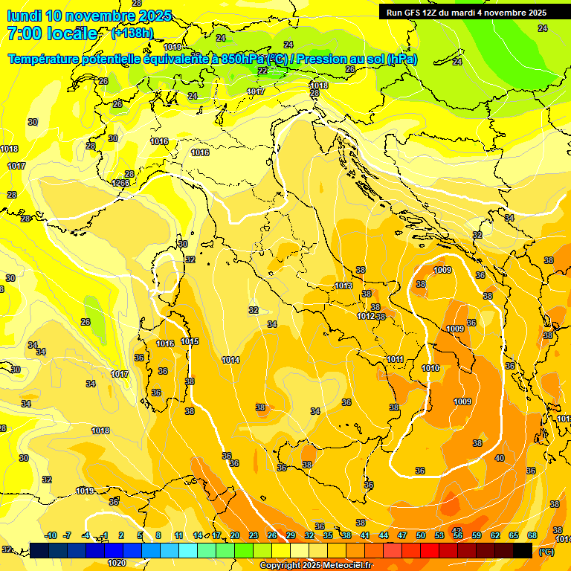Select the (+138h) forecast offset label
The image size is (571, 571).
point(132,33)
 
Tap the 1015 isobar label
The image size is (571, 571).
point(190,341)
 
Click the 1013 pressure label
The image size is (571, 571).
point(343,285)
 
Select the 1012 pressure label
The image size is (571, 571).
point(365,316)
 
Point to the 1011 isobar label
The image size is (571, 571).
point(395,359)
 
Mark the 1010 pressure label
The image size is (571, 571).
point(430,368)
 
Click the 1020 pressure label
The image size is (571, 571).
point(117,563)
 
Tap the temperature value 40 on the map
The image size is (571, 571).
point(499,458)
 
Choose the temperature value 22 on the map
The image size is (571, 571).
point(262,71)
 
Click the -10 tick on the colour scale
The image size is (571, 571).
point(51,535)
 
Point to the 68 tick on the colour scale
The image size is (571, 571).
point(532,535)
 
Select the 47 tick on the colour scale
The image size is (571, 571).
point(402,535)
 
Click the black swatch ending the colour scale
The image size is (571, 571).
point(523,550)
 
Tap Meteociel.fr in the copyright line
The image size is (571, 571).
point(344,566)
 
